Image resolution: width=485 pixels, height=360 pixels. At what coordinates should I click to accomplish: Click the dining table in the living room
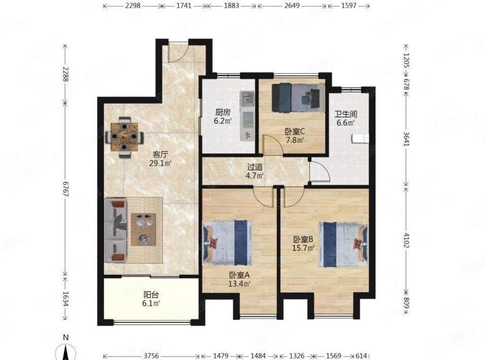124,137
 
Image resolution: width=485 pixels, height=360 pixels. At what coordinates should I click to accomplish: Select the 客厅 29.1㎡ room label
160,159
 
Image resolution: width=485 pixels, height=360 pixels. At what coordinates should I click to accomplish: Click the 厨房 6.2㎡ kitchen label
222,117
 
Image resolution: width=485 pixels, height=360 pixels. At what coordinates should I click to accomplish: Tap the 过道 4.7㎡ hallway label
255,171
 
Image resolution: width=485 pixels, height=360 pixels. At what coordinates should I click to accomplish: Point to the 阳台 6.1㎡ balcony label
151,299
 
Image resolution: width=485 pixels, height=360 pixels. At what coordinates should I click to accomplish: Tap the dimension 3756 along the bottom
151,356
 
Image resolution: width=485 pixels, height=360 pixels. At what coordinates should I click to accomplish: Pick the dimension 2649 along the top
292,6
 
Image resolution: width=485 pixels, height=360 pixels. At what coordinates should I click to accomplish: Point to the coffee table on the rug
143,230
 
